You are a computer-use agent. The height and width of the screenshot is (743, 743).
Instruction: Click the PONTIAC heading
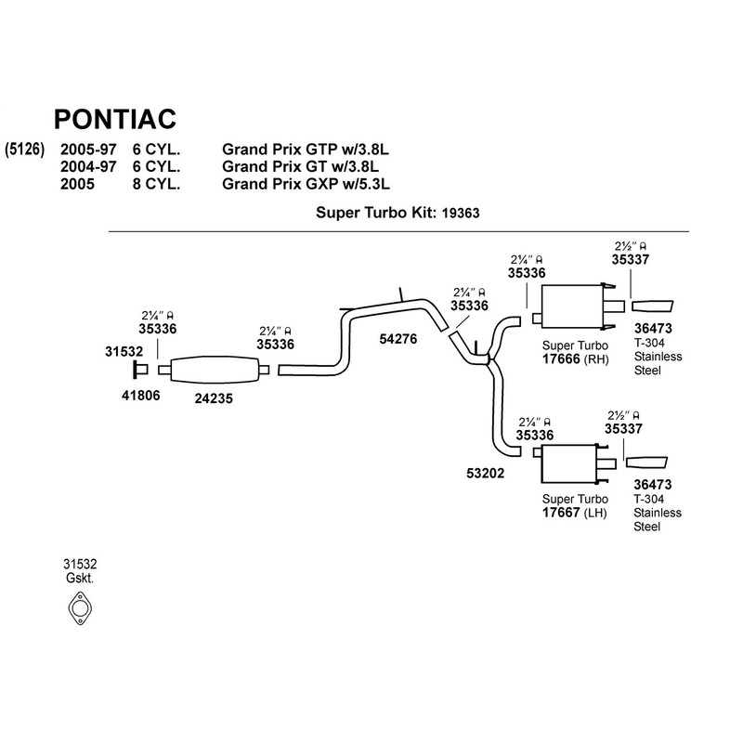[x=115, y=119]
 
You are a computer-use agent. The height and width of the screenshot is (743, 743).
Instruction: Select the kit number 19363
[x=461, y=214]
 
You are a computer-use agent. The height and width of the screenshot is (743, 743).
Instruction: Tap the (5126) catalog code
[x=25, y=150]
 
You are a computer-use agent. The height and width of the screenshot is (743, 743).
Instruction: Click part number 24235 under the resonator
[x=214, y=398]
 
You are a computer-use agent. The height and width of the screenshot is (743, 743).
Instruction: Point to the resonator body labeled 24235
[x=214, y=369]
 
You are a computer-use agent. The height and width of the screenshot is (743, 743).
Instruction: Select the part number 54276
[x=398, y=339]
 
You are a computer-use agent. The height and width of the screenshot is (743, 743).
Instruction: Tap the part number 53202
[x=485, y=474]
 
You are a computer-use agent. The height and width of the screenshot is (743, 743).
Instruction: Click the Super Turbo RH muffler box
[x=571, y=306]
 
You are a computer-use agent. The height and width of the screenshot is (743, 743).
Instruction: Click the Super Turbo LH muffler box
[x=568, y=463]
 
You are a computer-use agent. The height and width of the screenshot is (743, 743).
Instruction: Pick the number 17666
[x=561, y=359]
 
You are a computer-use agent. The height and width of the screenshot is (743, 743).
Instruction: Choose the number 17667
[x=561, y=513]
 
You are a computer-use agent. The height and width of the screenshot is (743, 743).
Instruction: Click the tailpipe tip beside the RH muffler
[x=653, y=306]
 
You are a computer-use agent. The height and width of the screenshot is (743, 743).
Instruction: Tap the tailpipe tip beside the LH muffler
[x=646, y=463]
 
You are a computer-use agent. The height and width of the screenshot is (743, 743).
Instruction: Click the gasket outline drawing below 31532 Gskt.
[x=80, y=608]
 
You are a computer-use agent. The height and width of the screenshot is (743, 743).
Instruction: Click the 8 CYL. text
[x=156, y=184]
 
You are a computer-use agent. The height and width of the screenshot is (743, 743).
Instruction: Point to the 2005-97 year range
[x=88, y=150]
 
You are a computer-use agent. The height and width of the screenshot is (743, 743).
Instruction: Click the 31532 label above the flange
[x=124, y=352]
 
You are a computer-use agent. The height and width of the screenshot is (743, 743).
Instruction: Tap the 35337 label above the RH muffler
[x=631, y=260]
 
